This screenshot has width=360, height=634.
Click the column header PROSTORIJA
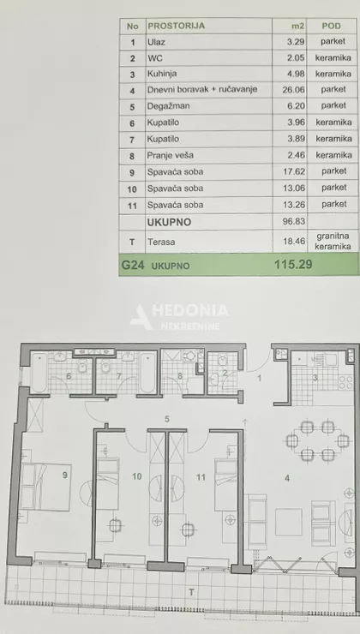coord(176,25)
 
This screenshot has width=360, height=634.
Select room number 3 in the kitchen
coord(314,377)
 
